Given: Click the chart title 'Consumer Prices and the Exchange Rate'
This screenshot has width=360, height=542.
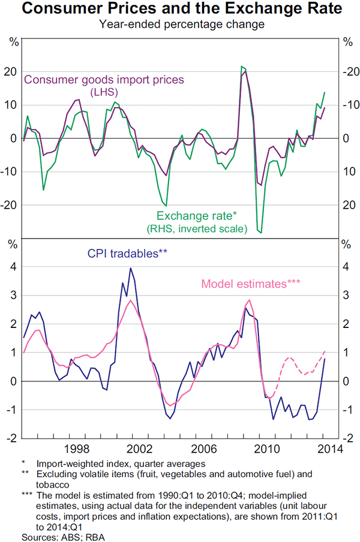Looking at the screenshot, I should tap(179, 10).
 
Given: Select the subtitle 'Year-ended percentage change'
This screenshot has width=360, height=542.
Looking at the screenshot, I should tap(179, 25).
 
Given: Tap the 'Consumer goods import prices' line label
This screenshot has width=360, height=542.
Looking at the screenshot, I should tap(103, 80).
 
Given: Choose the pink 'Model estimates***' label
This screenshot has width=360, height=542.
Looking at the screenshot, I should tap(250, 284).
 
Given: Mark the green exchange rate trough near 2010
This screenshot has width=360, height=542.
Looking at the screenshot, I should tap(260, 232).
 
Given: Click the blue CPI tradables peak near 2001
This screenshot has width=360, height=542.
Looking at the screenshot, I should tap(131, 268).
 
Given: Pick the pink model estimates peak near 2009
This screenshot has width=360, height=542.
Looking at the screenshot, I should tap(249, 300).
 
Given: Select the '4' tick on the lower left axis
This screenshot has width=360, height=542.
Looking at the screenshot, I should tap(13, 267).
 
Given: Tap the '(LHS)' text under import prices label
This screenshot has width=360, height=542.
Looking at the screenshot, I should tap(103, 92).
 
